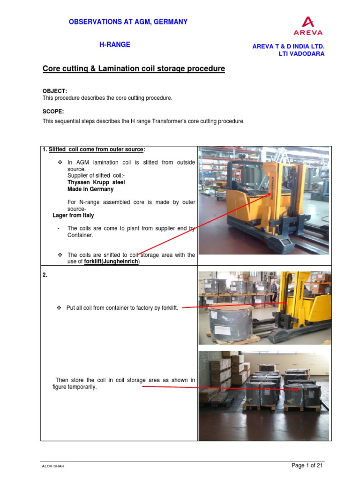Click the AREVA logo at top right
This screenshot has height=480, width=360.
pos(308,26)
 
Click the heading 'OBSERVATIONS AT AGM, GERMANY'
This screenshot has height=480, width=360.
pos(128,22)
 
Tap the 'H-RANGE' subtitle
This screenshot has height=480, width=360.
pos(114,45)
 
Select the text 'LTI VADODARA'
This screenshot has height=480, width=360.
pos(301,53)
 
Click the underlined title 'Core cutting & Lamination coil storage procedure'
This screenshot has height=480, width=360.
pos(134,69)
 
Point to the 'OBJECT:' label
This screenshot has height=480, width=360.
pos(55,90)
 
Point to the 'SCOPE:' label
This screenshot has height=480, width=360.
pos(53,112)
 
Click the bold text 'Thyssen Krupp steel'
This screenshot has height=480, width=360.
pos(96,182)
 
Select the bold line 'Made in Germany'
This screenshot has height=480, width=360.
pos(90,189)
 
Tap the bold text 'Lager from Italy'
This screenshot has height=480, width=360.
pos(73,215)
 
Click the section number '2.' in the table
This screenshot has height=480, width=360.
pos(45,275)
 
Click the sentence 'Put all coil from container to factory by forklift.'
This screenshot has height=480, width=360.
pos(122,308)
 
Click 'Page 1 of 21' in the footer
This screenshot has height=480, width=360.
pos(307,465)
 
